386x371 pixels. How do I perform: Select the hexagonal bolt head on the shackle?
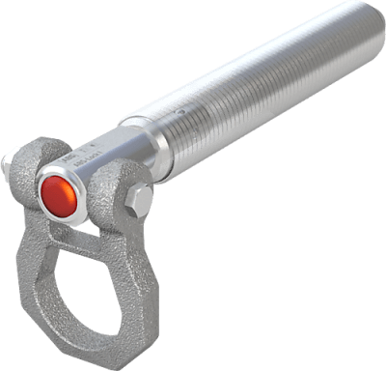click(138, 200)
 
